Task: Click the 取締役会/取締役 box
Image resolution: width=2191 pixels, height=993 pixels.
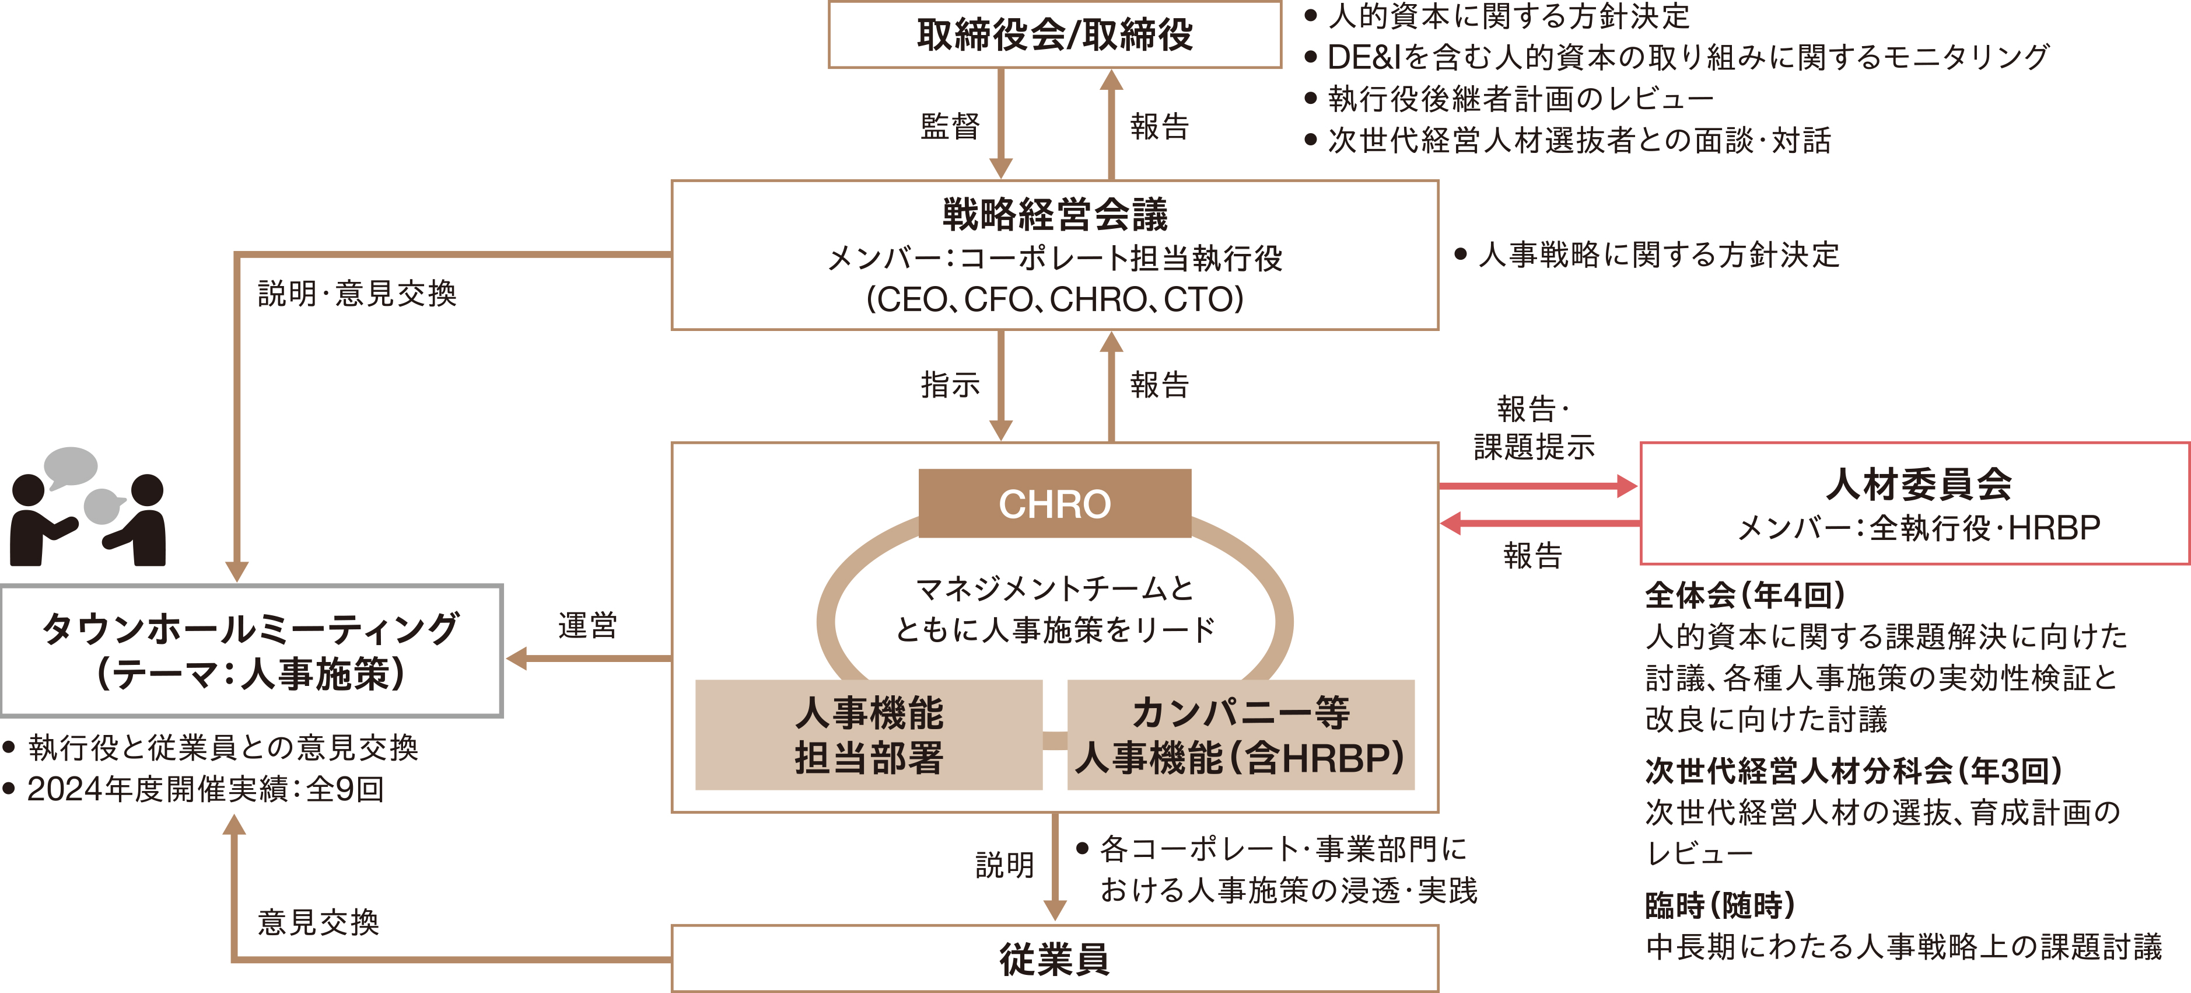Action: [1055, 34]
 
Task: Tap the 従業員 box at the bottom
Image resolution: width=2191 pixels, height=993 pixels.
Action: [1055, 959]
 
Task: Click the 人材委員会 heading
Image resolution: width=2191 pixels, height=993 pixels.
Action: [1919, 484]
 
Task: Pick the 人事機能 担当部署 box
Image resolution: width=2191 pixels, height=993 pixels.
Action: [869, 735]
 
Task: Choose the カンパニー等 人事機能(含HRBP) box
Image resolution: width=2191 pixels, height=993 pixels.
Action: [1241, 735]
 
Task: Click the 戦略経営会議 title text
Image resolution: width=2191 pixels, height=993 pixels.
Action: [1055, 214]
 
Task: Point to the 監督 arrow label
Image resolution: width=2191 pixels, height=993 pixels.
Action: [950, 127]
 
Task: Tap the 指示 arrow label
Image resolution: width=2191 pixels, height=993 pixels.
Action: [950, 385]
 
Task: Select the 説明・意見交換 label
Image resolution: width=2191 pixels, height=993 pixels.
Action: [357, 294]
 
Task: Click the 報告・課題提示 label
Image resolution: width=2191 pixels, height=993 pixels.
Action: [1534, 428]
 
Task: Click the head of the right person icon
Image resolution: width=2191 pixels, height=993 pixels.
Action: [147, 491]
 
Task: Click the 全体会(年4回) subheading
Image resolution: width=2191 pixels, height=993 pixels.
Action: [1745, 595]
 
